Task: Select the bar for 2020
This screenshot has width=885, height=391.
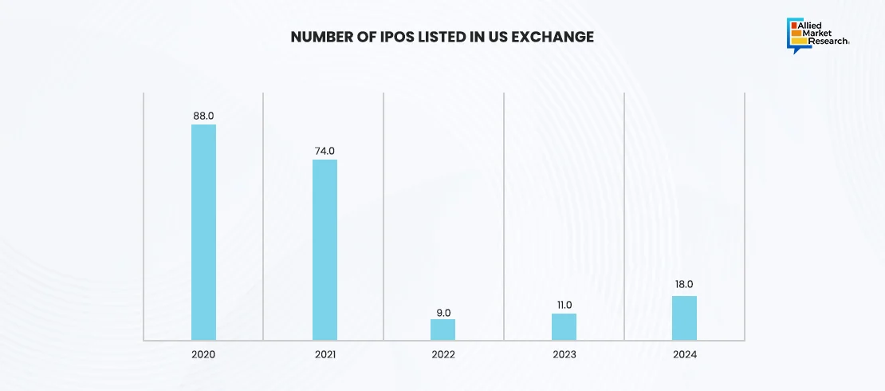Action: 203,232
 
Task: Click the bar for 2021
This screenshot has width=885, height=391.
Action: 324,250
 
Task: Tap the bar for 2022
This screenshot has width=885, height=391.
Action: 443,330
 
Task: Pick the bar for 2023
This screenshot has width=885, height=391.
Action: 564,327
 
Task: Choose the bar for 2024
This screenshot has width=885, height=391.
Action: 684,318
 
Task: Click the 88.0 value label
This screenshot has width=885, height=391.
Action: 203,116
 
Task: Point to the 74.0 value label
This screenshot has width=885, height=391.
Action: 324,151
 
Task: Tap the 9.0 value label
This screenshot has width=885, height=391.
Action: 443,310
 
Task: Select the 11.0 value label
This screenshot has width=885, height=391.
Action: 564,305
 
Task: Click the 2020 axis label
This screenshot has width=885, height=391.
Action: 203,353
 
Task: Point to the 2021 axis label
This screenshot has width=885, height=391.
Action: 324,353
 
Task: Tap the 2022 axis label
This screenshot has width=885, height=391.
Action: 443,353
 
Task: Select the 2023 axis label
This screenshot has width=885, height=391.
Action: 564,353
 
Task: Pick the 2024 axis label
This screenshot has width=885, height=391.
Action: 684,353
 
